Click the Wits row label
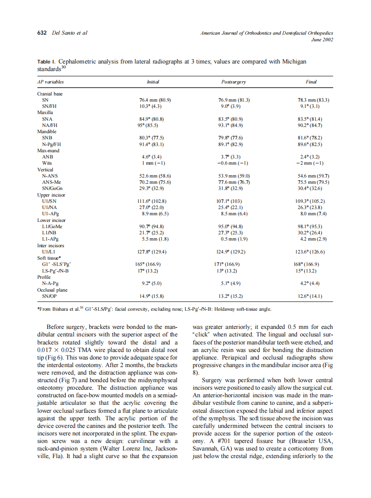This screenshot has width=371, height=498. tap(47, 163)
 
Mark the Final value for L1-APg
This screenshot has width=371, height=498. tap(310, 239)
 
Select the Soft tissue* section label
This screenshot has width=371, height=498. tap(49, 257)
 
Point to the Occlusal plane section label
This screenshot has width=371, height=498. tap(52, 289)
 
